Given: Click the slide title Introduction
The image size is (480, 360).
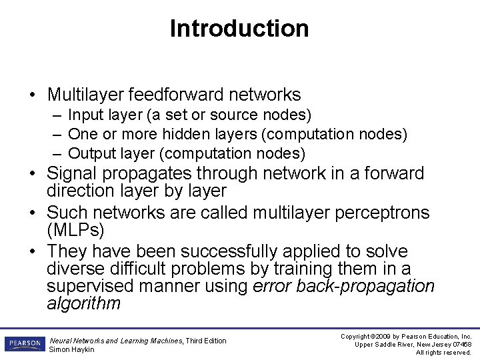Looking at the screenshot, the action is (x=239, y=29).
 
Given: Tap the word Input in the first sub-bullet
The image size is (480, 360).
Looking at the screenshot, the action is (x=83, y=116).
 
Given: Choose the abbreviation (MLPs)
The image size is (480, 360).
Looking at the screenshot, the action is (x=76, y=230).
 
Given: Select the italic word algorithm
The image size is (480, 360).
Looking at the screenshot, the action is (x=83, y=304).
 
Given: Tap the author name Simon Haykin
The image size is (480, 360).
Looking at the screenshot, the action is (x=72, y=349).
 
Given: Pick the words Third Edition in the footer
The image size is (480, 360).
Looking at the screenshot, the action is (x=206, y=341).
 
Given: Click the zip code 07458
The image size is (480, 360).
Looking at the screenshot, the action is (x=460, y=345).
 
